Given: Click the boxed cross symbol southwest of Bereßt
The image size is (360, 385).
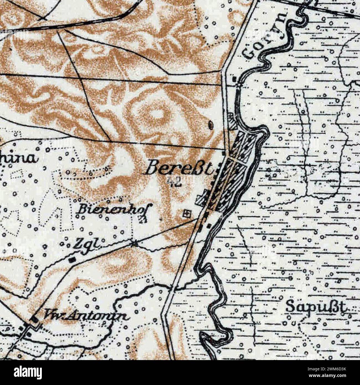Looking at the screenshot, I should (187, 213).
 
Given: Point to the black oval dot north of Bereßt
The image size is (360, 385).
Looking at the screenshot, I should (211, 125).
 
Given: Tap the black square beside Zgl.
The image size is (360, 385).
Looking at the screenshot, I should (72, 260).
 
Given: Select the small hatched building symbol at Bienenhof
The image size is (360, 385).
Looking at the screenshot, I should (143, 220).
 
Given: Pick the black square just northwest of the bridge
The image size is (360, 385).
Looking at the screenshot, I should (235, 80).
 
